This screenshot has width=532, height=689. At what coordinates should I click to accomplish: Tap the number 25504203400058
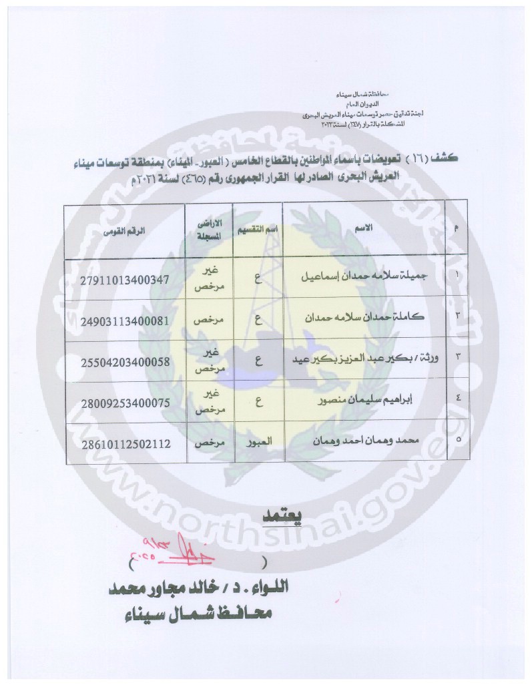(x=125, y=361)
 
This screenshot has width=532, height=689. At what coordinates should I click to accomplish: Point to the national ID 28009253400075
(x=125, y=403)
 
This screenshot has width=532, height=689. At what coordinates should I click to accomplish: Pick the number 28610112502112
(x=125, y=443)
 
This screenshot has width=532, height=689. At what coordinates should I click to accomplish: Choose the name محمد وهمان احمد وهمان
(x=384, y=443)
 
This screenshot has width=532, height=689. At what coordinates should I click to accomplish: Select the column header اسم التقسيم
(x=258, y=229)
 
